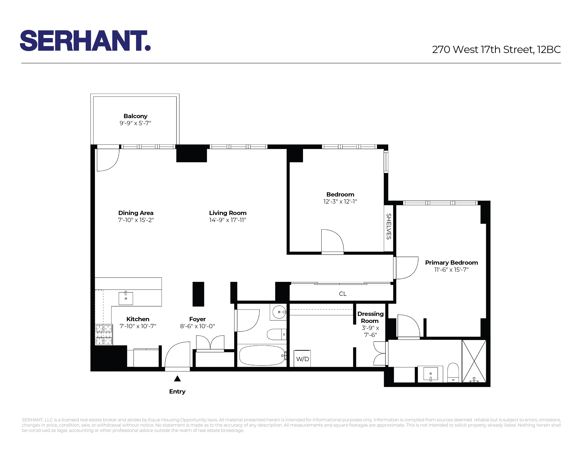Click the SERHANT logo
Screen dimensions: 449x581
coord(85,40)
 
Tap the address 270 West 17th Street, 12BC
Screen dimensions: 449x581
coord(496,49)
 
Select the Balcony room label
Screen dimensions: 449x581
coord(135,116)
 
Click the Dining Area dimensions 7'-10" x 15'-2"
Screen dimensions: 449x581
coord(136,220)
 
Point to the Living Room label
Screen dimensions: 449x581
coord(228,213)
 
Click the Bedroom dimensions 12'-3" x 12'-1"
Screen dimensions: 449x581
coord(340,201)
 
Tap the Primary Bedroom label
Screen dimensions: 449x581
coord(451,263)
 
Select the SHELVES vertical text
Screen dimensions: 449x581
coord(389,226)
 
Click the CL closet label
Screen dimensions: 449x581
coord(343,294)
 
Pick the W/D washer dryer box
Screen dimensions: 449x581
coord(302,359)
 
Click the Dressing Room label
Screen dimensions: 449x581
coord(370,317)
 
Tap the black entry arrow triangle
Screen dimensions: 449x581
coord(177,379)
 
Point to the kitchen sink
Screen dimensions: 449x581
coord(126,298)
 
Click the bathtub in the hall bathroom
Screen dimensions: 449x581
coord(262,355)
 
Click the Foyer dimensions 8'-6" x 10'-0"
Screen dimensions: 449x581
coord(197,326)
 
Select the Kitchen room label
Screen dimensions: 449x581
coord(138,319)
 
